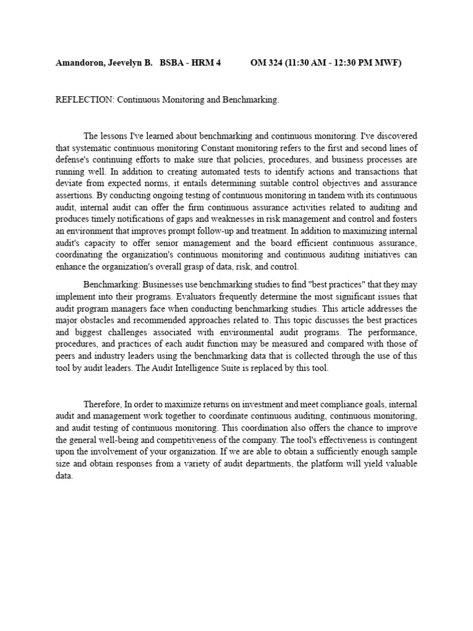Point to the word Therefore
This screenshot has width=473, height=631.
point(103,404)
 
